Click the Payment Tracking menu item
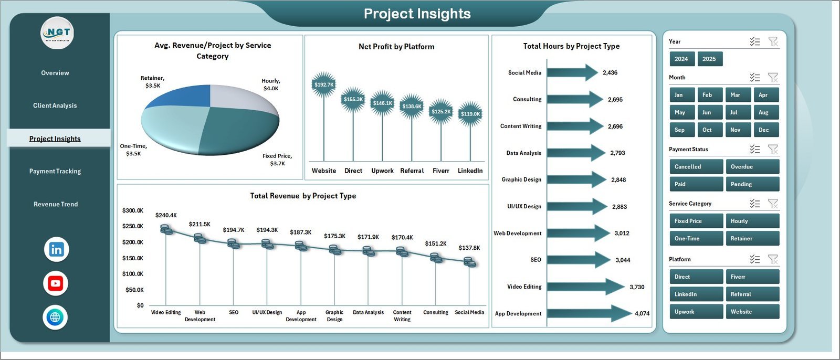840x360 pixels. click(55, 171)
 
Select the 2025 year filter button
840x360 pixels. click(709, 59)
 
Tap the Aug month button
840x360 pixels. click(763, 112)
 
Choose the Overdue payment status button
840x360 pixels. click(752, 167)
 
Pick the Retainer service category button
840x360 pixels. click(752, 239)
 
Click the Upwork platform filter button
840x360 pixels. click(696, 312)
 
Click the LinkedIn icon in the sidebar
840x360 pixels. click(56, 249)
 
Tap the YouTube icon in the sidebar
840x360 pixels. click(56, 283)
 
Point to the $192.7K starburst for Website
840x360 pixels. click(323, 84)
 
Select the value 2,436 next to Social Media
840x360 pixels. click(610, 73)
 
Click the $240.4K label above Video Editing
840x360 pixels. click(166, 215)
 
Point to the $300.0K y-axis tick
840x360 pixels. click(133, 210)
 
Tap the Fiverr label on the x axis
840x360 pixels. click(441, 171)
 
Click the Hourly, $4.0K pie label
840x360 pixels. click(271, 84)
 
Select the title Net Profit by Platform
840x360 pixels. click(396, 47)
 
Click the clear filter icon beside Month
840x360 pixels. click(773, 78)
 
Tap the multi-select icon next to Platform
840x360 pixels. click(755, 259)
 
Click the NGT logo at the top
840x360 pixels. click(58, 33)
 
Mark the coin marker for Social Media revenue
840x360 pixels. click(470, 262)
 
